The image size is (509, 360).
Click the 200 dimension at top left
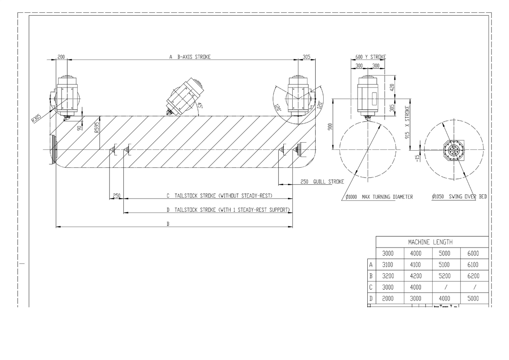(x=62, y=56)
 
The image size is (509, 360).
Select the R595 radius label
(x=97, y=127)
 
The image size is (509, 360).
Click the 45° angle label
(x=199, y=107)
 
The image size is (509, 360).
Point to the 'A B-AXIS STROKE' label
(x=190, y=56)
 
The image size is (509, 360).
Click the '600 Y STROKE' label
(x=370, y=57)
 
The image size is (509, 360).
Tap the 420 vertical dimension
(x=392, y=87)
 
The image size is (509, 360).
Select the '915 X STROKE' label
(x=408, y=123)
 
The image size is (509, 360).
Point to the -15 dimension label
(x=417, y=157)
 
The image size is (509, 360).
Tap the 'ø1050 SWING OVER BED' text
(x=459, y=197)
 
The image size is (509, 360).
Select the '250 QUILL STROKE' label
(x=322, y=182)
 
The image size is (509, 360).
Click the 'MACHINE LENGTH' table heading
(x=430, y=242)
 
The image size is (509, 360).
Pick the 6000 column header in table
(x=473, y=253)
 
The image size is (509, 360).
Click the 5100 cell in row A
(x=444, y=265)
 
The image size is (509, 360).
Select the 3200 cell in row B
(x=388, y=276)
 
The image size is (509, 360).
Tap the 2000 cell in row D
(x=388, y=298)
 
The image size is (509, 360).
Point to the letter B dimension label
(x=168, y=224)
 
